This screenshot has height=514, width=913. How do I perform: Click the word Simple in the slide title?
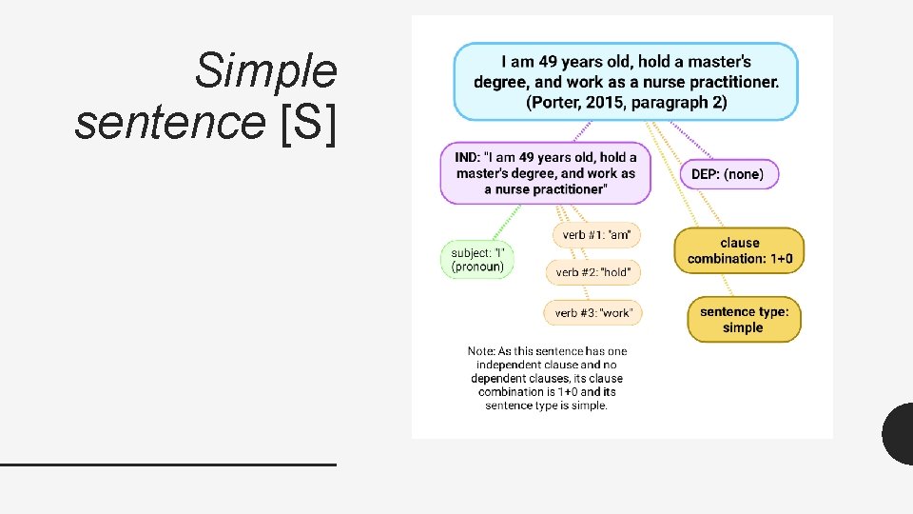(x=265, y=70)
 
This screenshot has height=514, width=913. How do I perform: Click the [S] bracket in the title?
(x=309, y=122)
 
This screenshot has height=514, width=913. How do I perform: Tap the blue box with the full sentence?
(x=626, y=82)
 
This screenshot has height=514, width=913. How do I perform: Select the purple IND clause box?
(x=545, y=173)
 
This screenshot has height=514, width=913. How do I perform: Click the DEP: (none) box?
(x=728, y=174)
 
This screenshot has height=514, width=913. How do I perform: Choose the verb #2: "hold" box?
(x=592, y=272)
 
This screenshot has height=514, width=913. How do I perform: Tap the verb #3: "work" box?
(x=592, y=312)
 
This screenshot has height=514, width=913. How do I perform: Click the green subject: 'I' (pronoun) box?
(x=477, y=259)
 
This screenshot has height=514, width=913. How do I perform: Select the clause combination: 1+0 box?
(x=739, y=250)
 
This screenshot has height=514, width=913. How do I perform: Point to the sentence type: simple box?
(x=744, y=320)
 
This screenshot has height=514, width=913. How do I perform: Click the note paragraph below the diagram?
(x=547, y=378)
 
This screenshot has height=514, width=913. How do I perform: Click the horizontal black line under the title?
(x=168, y=464)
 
